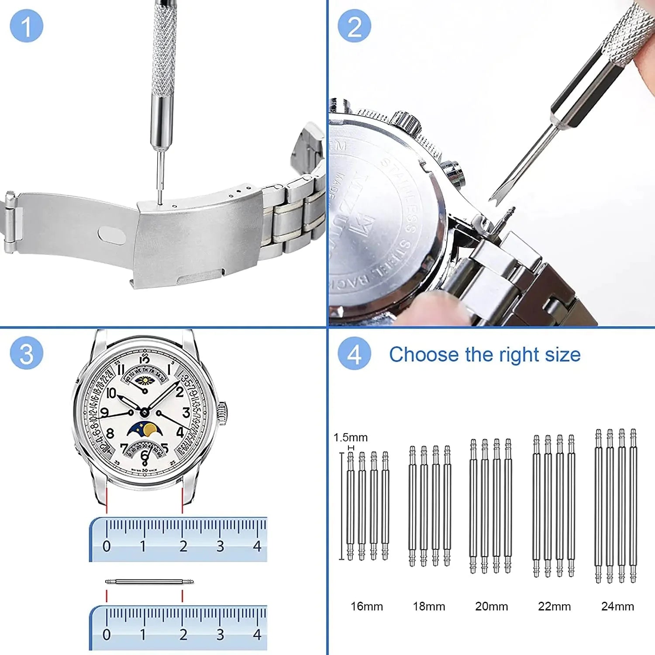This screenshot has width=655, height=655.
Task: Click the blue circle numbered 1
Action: (x=26, y=26)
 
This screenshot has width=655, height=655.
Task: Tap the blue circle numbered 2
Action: (x=354, y=26)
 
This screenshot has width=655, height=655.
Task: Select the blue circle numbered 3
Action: (x=26, y=353)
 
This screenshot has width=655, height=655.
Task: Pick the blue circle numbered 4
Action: (x=354, y=353)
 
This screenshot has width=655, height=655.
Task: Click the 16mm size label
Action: (x=367, y=606)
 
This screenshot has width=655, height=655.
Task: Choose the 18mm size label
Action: (x=429, y=606)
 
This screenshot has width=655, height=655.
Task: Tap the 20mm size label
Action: (x=492, y=606)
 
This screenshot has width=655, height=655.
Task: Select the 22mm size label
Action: (x=554, y=606)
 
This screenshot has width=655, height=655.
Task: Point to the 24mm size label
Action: (x=617, y=606)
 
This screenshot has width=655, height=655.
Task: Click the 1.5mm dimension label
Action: (x=351, y=437)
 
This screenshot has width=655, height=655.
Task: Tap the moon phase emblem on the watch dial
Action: (x=145, y=430)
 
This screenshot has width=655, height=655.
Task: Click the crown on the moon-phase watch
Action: (x=223, y=414)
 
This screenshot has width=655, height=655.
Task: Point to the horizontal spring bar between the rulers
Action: (x=149, y=582)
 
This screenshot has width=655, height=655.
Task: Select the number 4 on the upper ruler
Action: (x=257, y=546)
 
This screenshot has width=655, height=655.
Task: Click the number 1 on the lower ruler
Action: (x=143, y=634)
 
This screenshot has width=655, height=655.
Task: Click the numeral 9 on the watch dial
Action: (x=104, y=413)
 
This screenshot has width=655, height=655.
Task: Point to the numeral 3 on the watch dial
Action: (x=186, y=413)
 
